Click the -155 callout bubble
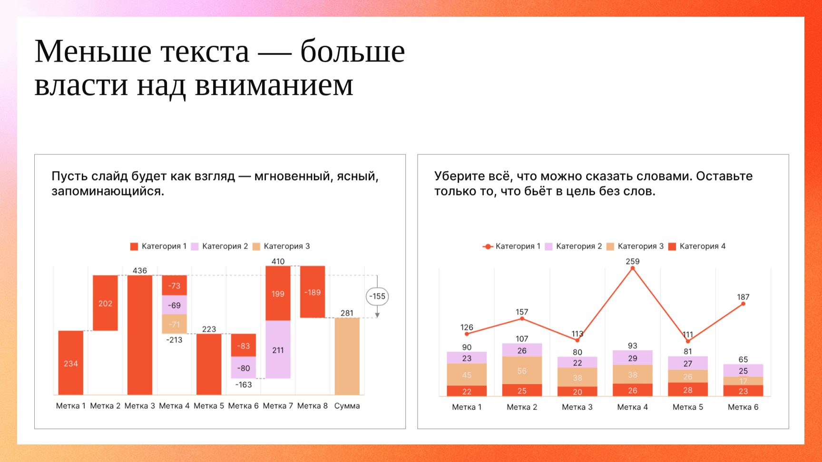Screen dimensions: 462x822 pyautogui.click(x=377, y=297)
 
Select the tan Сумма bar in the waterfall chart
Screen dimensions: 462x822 pyautogui.click(x=347, y=356)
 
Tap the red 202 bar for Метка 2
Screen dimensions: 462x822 pyautogui.click(x=105, y=303)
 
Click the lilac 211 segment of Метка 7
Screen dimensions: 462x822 pyautogui.click(x=278, y=350)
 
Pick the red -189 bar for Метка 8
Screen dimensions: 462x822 pyautogui.click(x=313, y=292)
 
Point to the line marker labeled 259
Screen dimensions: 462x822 pyautogui.click(x=633, y=269)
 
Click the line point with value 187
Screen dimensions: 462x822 pyautogui.click(x=743, y=304)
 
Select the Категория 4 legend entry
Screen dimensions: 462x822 pyautogui.click(x=697, y=246)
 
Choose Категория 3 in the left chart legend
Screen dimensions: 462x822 pyautogui.click(x=281, y=246)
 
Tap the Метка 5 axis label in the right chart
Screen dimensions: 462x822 pyautogui.click(x=687, y=407)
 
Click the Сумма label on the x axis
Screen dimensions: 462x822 pyautogui.click(x=347, y=406)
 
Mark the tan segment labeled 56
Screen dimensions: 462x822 pyautogui.click(x=522, y=371)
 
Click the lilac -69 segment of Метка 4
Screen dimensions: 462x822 pyautogui.click(x=174, y=305)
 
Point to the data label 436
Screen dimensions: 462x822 pyautogui.click(x=139, y=270)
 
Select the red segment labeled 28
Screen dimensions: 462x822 pyautogui.click(x=687, y=390)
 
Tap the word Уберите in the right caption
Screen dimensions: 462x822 pyautogui.click(x=457, y=176)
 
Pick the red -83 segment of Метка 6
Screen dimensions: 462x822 pyautogui.click(x=244, y=346)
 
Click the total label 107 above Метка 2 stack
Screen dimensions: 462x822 pyautogui.click(x=522, y=339)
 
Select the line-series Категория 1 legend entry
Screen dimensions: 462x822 pyautogui.click(x=511, y=246)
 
